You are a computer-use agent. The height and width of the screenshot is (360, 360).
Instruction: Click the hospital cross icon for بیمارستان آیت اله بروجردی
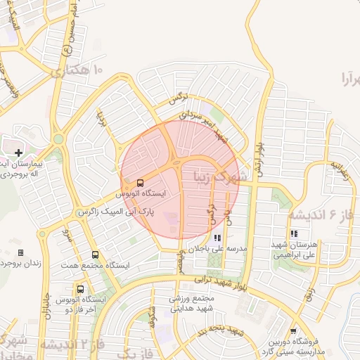click(18, 153)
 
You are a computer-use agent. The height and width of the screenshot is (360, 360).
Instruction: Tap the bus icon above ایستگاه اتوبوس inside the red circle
click(141, 181)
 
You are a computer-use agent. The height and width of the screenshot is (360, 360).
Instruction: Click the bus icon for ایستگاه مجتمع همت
click(96, 255)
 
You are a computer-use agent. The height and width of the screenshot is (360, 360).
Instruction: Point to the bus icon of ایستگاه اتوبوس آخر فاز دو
click(80, 289)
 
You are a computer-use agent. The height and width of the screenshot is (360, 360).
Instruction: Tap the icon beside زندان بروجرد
click(20, 252)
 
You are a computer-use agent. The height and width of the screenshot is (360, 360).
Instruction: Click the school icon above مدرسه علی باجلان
click(217, 238)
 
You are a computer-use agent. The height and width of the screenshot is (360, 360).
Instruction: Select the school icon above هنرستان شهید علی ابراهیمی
click(294, 233)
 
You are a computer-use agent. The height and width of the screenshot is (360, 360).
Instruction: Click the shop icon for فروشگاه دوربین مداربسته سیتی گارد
click(292, 331)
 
